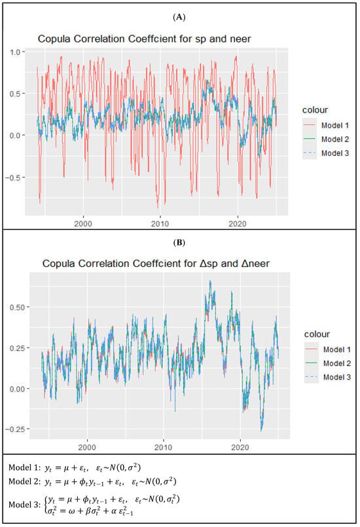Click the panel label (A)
pos(179,17)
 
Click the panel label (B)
pos(179,242)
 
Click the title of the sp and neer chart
pos(144,39)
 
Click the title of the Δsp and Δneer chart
pos(156,263)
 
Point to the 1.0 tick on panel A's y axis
pos(15,52)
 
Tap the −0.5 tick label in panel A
pos(13,177)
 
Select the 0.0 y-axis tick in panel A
pos(15,136)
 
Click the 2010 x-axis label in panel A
pos(160,224)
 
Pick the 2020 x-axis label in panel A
pos(238,224)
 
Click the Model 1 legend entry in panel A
pos(335,125)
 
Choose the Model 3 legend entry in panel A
pos(335,153)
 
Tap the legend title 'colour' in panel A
pos(315,110)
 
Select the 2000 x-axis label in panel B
pos(86,448)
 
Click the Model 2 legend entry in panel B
pos(337,363)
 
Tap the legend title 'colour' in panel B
pos(317,334)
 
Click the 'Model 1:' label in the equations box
pos(24,467)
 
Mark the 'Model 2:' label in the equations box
pos(24,482)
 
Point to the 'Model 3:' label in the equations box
pos(24,505)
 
